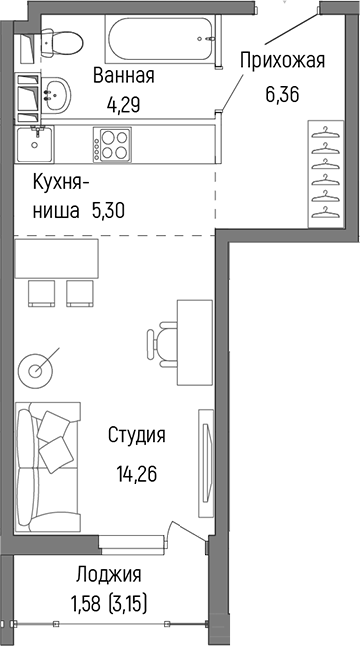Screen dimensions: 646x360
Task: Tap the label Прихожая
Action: pyautogui.click(x=283, y=63)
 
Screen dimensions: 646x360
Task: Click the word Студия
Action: pyautogui.click(x=137, y=435)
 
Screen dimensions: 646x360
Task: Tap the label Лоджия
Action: pyautogui.click(x=108, y=574)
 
